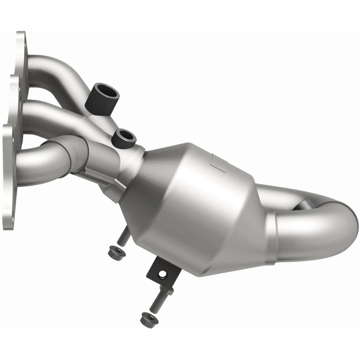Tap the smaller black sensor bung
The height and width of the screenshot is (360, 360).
tap(123, 138)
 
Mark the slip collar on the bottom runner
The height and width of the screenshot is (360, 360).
tap(72, 153)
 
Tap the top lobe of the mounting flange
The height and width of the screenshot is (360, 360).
tap(21, 49)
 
